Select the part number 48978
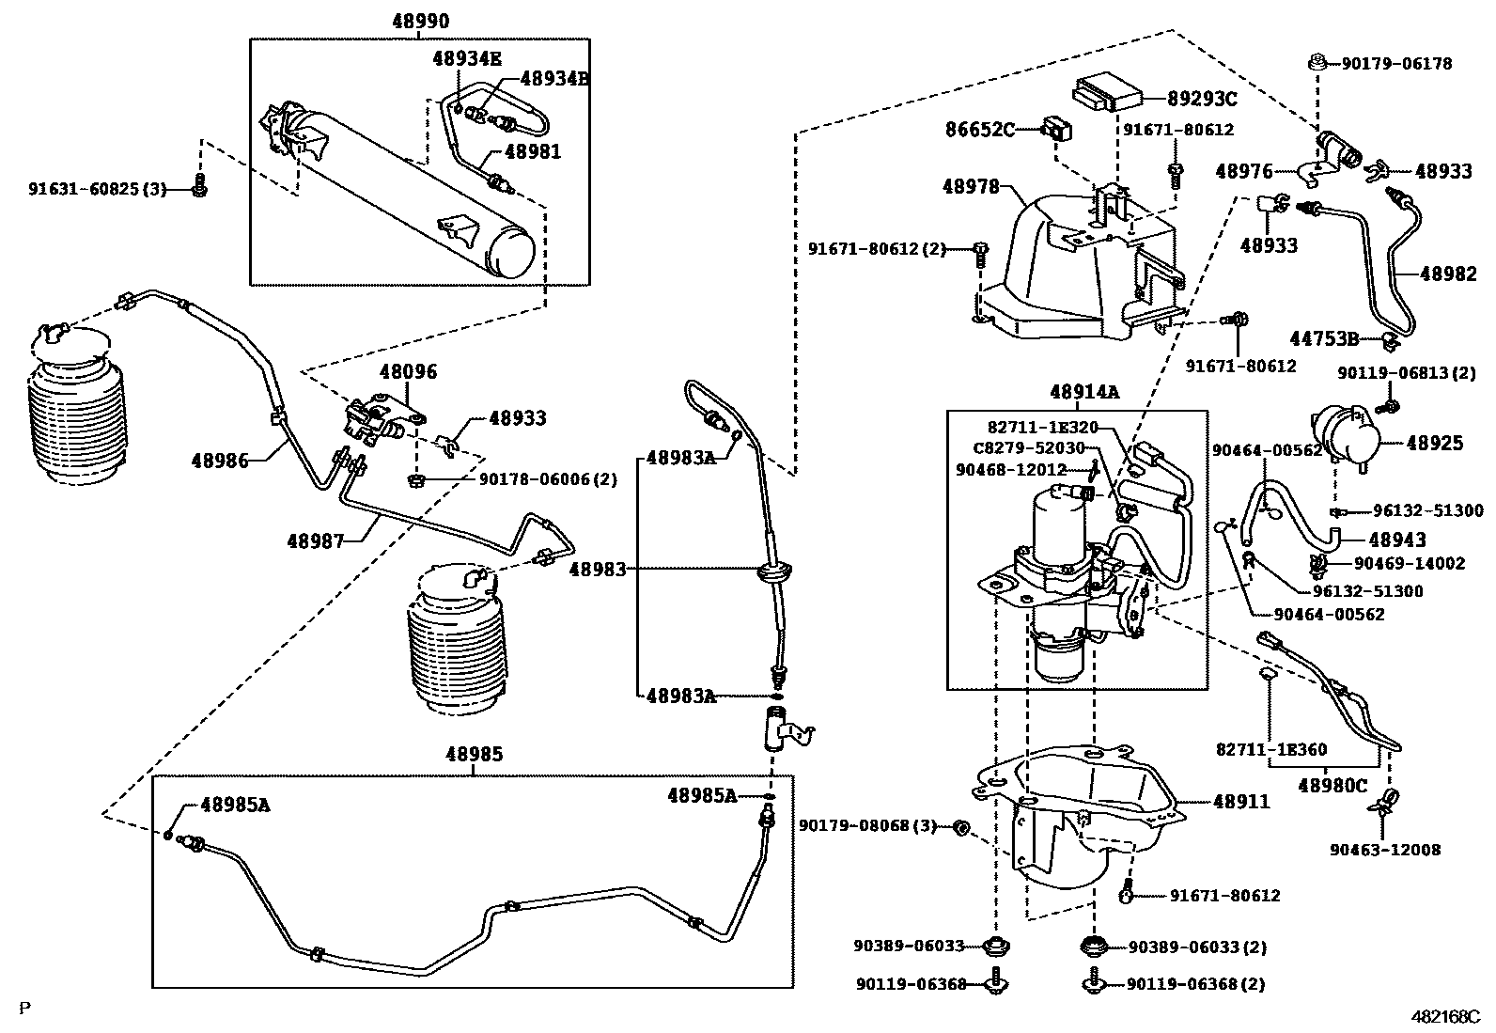(x=971, y=188)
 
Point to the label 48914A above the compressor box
(x=1084, y=392)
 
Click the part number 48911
(x=1240, y=802)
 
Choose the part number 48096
(x=409, y=372)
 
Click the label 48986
(x=220, y=460)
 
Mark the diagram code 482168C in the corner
(x=1446, y=1017)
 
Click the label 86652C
(x=980, y=130)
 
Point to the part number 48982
(x=1448, y=274)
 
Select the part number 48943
(x=1396, y=540)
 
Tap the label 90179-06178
(x=1395, y=64)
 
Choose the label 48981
(x=532, y=151)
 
